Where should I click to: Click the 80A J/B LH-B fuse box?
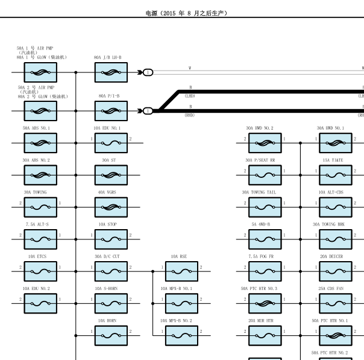point(111,72)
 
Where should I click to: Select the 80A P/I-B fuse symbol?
point(111,111)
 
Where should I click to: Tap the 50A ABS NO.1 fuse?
point(40,143)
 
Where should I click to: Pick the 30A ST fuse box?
point(111,175)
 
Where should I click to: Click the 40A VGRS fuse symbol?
point(111,207)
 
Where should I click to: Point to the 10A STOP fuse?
point(111,239)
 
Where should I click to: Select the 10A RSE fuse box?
point(181,271)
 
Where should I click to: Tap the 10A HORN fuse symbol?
point(111,335)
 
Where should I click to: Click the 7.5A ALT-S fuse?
point(40,239)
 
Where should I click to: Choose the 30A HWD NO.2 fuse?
point(265,143)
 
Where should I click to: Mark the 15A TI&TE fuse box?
point(336,175)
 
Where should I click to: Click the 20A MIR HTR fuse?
point(265,335)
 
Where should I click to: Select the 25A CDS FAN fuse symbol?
point(336,303)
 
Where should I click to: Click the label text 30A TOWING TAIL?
point(259,192)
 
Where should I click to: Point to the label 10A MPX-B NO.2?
point(176,321)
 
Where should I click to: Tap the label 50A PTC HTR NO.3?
point(259,289)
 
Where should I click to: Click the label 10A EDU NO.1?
point(107,128)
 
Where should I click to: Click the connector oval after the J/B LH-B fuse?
point(148,72)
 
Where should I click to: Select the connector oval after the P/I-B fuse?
point(148,111)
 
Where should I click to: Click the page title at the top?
point(186,13)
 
